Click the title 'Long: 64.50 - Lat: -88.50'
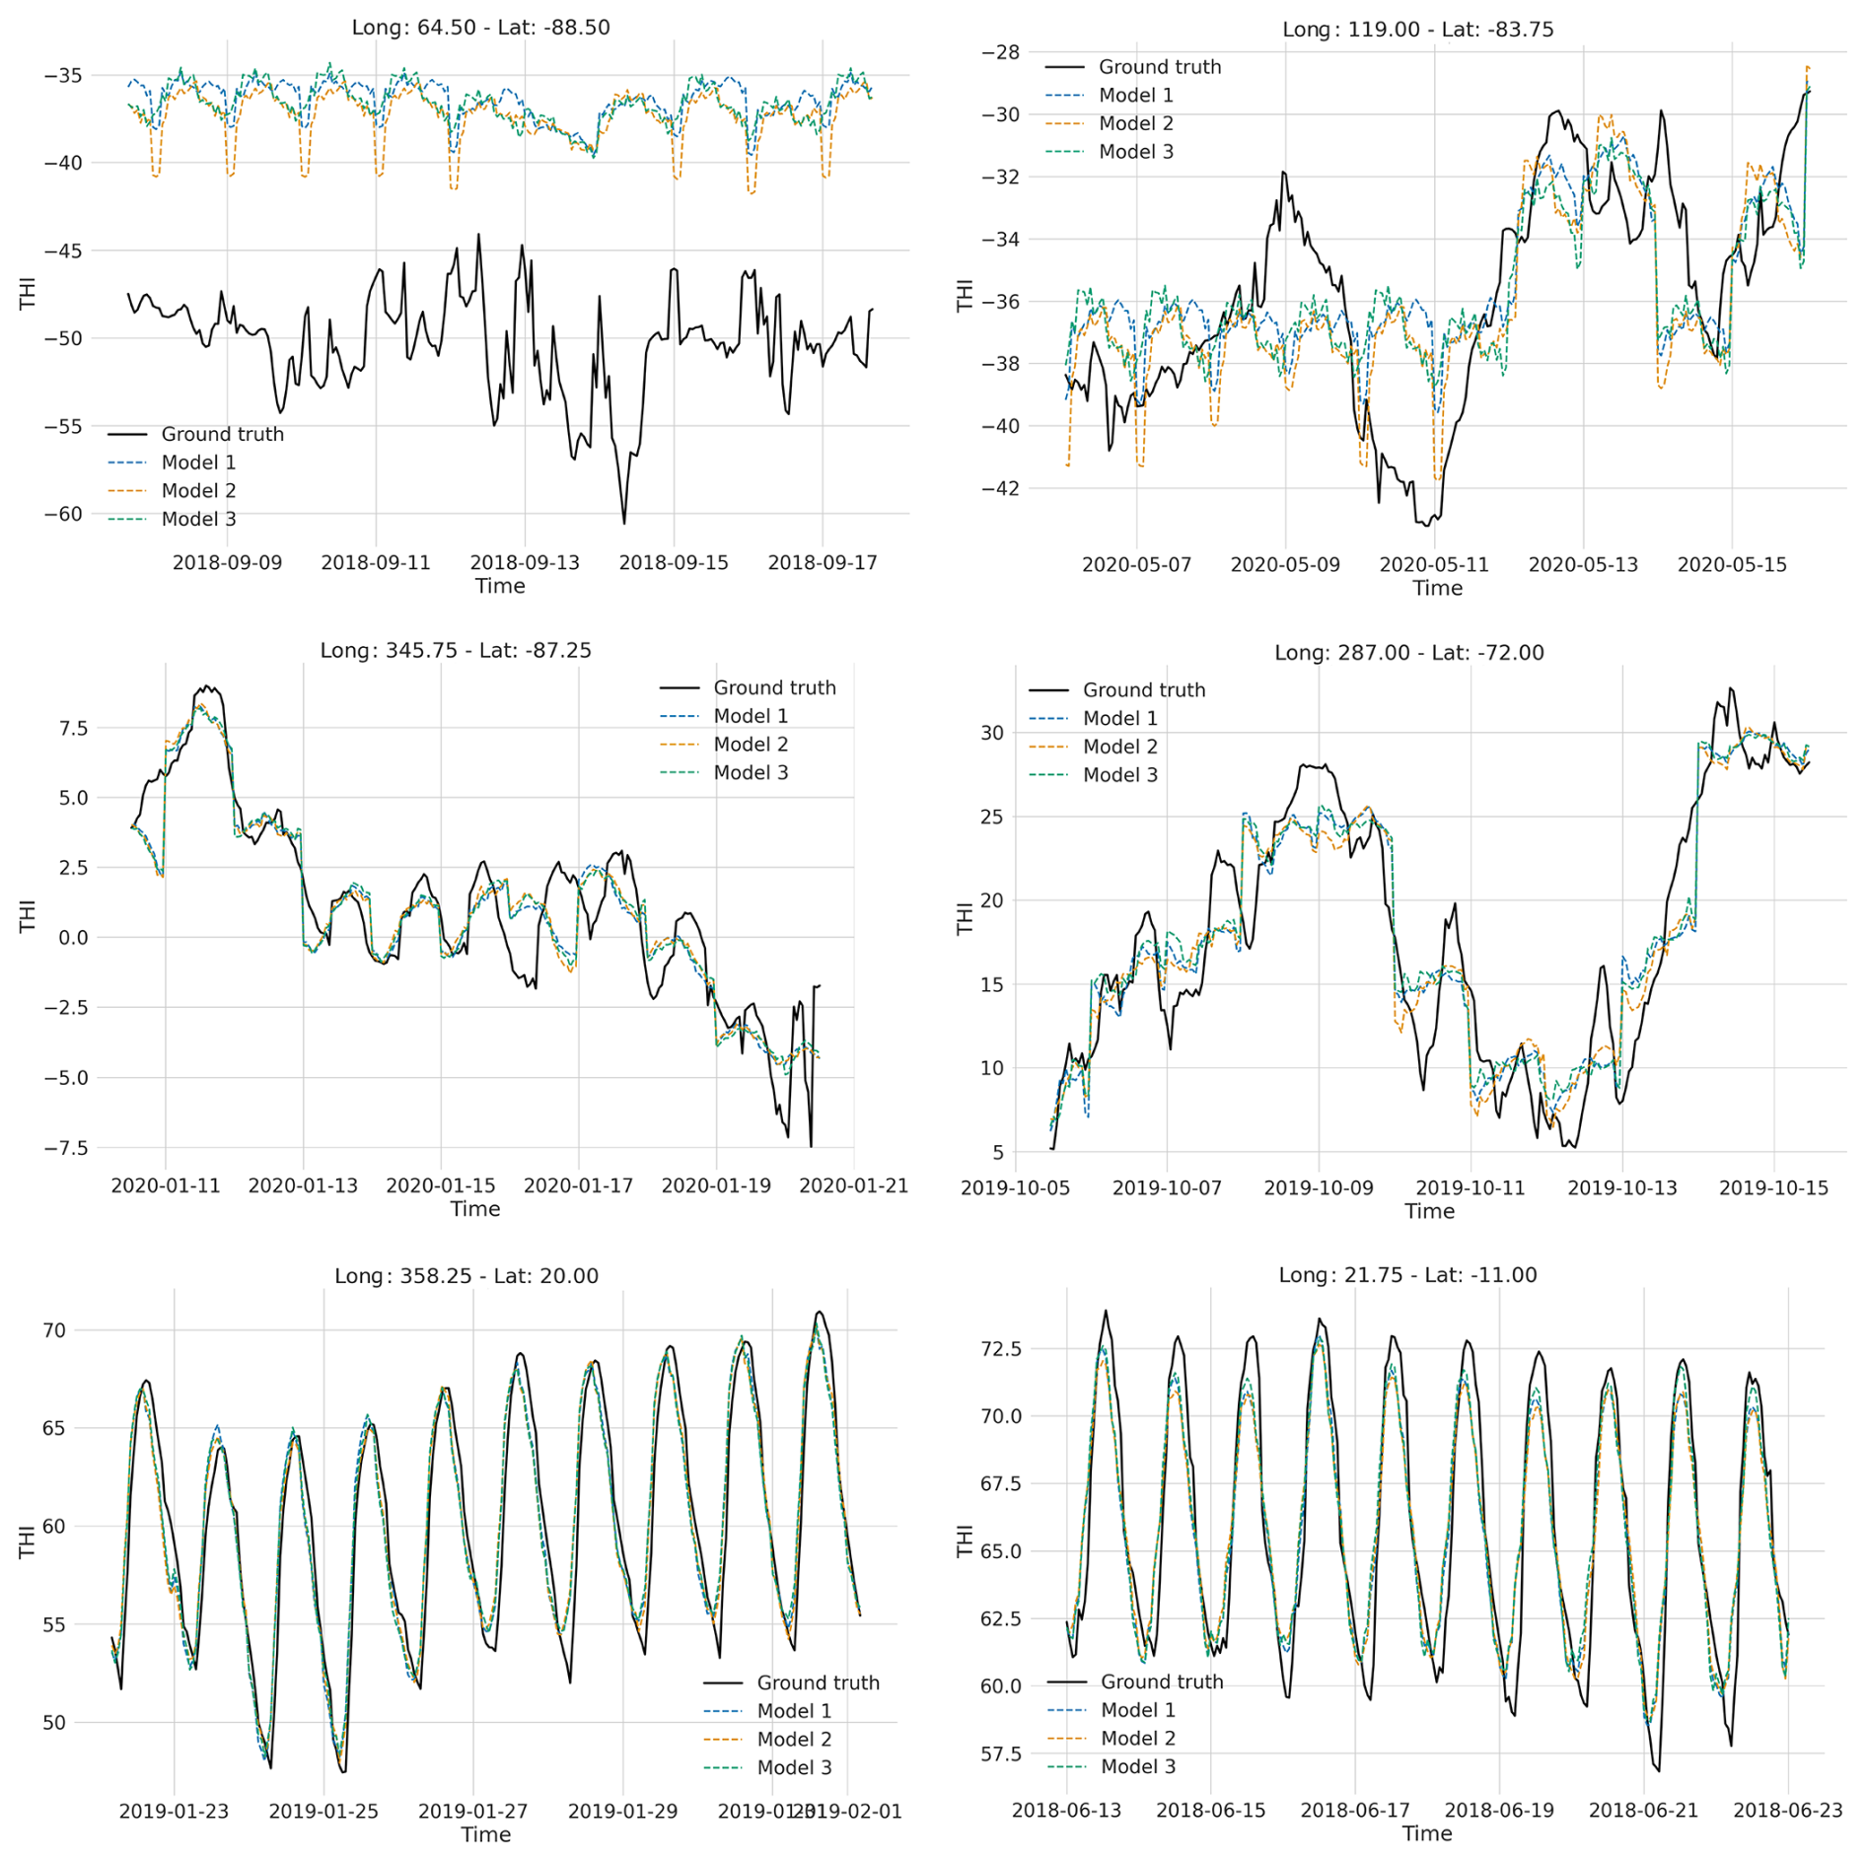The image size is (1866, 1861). [x=480, y=28]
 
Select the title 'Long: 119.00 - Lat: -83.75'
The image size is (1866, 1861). [x=1417, y=30]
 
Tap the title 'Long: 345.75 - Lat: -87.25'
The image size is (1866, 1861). [x=456, y=651]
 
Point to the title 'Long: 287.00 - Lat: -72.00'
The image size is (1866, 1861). [x=1408, y=653]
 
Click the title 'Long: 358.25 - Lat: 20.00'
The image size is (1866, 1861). [x=466, y=1276]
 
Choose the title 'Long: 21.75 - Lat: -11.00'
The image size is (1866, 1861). [x=1407, y=1275]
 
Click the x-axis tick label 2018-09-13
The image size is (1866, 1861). [x=525, y=563]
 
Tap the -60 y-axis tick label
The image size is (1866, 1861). [x=63, y=514]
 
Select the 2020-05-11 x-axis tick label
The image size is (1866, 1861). [x=1434, y=565]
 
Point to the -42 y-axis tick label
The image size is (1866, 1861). [x=1001, y=488]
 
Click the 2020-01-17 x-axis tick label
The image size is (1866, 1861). [x=578, y=1185]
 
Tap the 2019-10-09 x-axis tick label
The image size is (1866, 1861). [x=1319, y=1188]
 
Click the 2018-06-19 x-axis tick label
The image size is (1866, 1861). [x=1499, y=1811]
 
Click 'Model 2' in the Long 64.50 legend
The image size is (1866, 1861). [x=198, y=491]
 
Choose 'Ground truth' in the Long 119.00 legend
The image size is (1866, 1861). [x=1160, y=67]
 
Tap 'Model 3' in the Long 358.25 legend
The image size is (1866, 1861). [x=794, y=1768]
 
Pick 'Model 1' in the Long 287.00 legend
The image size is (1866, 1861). [x=1120, y=719]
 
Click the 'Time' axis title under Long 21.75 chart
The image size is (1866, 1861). [x=1427, y=1834]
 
